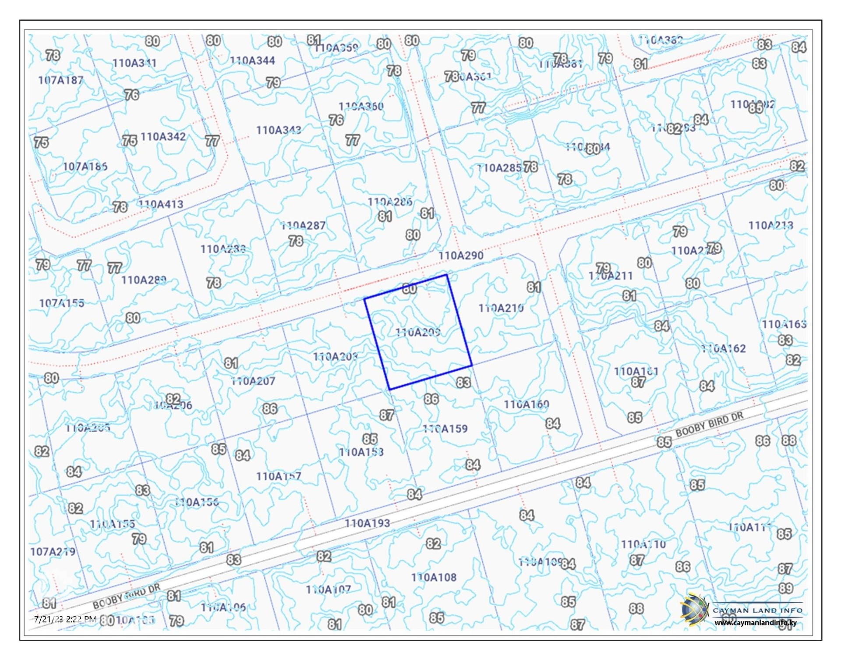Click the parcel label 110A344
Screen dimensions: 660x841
252,60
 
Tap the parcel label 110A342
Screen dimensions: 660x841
163,137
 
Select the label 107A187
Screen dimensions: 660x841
60,80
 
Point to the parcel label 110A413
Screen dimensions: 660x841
161,204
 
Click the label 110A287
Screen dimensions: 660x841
303,226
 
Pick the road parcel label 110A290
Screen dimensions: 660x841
461,255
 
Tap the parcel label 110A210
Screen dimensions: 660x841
501,309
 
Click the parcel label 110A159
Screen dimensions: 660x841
445,429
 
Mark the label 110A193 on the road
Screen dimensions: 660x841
367,523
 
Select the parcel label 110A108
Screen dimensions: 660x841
434,578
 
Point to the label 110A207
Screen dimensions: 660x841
253,381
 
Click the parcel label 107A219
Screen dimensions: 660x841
53,552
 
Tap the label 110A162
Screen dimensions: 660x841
723,349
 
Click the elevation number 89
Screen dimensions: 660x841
785,588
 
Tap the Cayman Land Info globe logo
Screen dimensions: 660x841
694,610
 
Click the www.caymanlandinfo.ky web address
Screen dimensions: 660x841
756,622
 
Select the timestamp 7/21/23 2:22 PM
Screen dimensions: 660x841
65,619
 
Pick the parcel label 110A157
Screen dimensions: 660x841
279,476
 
